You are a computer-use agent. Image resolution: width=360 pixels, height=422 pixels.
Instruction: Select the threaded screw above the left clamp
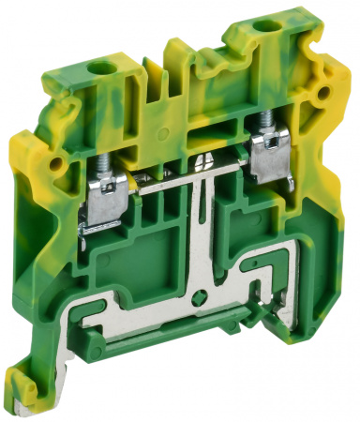tap(99, 162)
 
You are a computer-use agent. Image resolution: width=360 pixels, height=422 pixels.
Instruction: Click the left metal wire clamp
tap(101, 197)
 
